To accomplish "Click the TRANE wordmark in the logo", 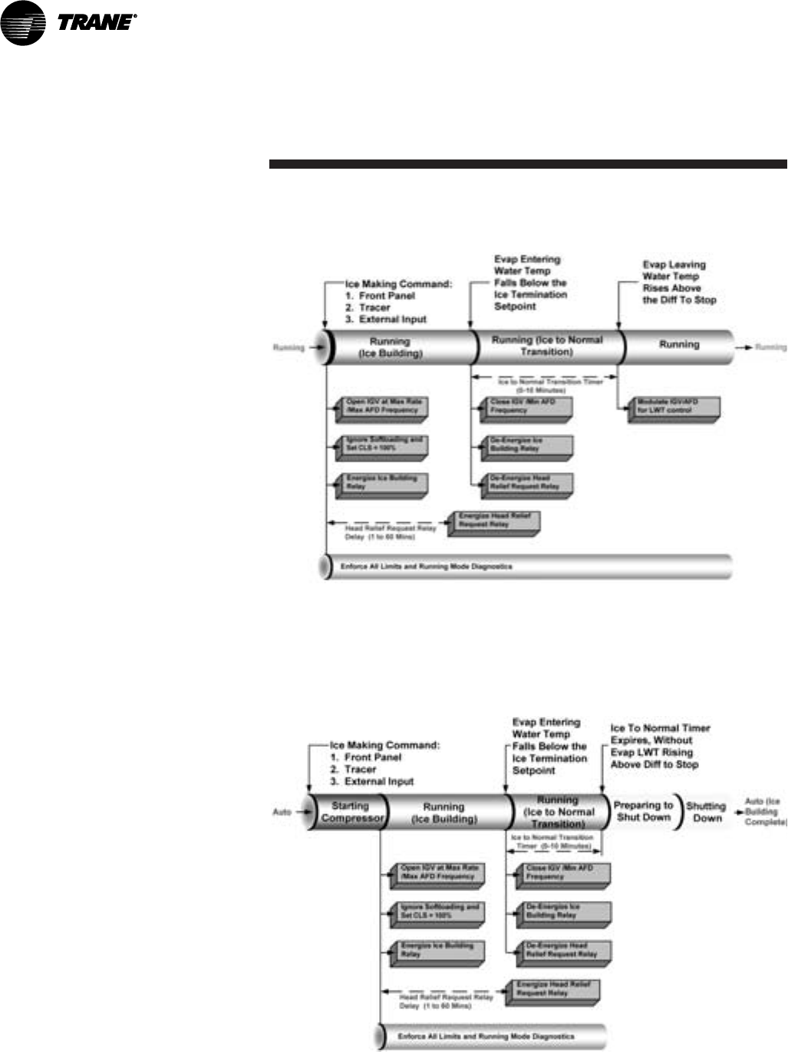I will pyautogui.click(x=95, y=23).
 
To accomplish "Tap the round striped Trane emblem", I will pyautogui.click(x=23, y=23).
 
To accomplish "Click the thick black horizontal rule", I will pyautogui.click(x=528, y=163).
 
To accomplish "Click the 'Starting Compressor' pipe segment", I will pyautogui.click(x=351, y=812).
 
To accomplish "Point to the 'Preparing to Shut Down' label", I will pyautogui.click(x=643, y=811).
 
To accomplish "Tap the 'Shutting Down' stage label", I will pyautogui.click(x=706, y=812).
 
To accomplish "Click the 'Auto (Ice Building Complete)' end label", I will pyautogui.click(x=765, y=811).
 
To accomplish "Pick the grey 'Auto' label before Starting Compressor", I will pyautogui.click(x=282, y=812).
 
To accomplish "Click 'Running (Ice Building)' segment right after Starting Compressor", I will pyautogui.click(x=444, y=813).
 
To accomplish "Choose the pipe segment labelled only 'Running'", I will pyautogui.click(x=679, y=345).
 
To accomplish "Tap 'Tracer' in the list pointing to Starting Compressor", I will pyautogui.click(x=360, y=769).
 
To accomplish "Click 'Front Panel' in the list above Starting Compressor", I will pyautogui.click(x=372, y=757).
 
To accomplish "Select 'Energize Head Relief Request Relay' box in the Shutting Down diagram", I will pyautogui.click(x=554, y=989).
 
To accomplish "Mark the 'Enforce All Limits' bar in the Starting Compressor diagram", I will pyautogui.click(x=491, y=1037).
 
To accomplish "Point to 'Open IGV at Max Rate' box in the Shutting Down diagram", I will pyautogui.click(x=438, y=873).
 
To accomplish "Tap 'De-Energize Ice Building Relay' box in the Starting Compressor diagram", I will pyautogui.click(x=562, y=912).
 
